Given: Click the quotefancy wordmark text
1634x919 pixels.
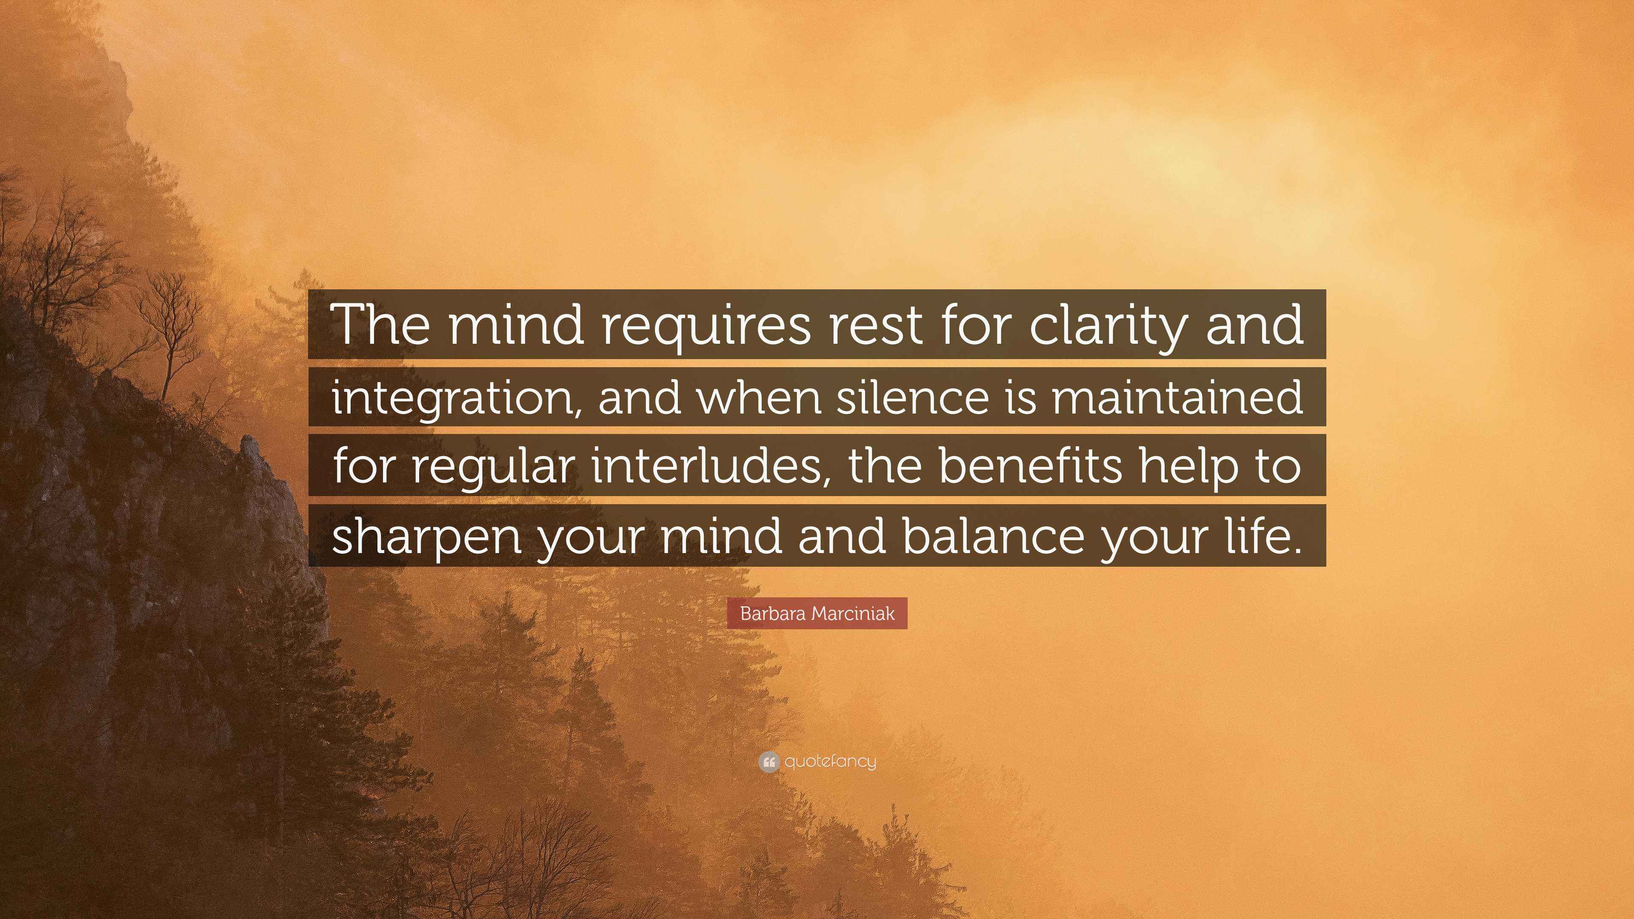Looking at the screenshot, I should (x=830, y=762).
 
